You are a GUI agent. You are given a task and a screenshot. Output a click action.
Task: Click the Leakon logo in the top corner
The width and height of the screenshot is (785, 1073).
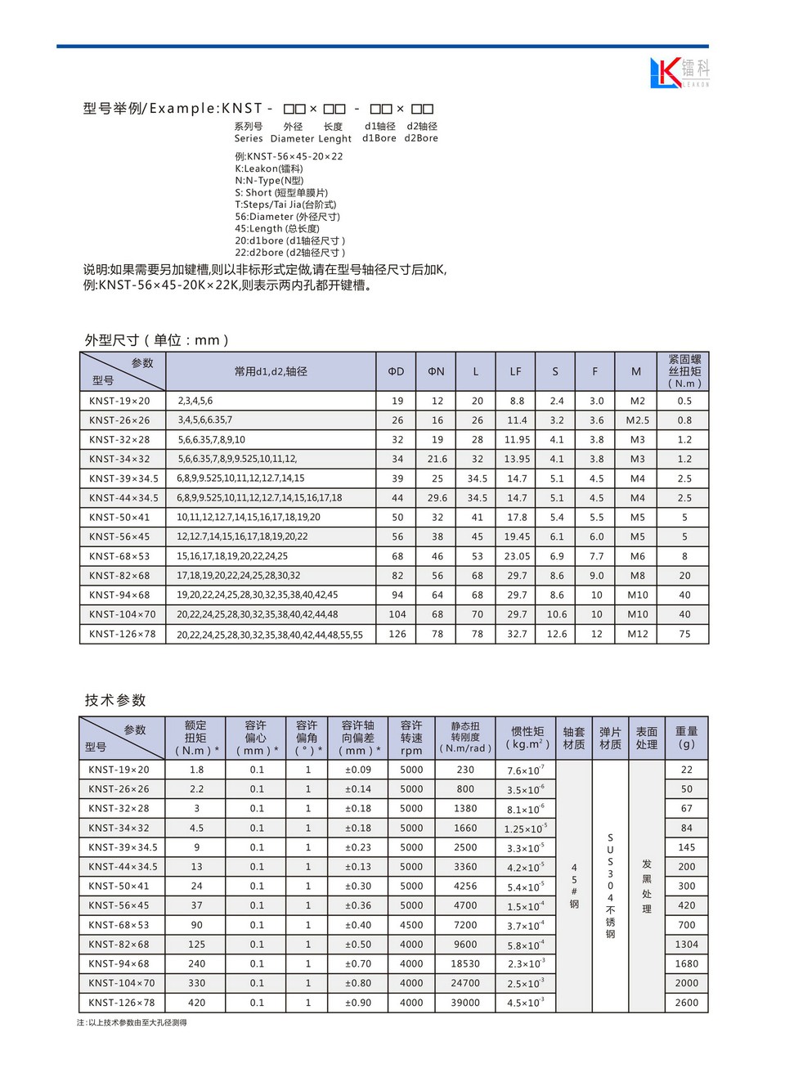pyautogui.click(x=679, y=72)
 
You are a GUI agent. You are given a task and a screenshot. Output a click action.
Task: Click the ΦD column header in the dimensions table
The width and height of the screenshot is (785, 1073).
pyautogui.click(x=397, y=371)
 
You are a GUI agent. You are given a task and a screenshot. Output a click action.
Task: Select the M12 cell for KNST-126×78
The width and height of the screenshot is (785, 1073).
pyautogui.click(x=637, y=634)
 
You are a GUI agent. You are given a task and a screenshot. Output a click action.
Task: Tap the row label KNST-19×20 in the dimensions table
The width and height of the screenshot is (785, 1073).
pyautogui.click(x=119, y=401)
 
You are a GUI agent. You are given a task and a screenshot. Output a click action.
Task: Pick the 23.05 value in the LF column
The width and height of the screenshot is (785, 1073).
pyautogui.click(x=517, y=556)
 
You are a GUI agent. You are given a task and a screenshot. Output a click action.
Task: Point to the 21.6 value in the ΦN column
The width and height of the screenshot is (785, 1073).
pyautogui.click(x=437, y=459)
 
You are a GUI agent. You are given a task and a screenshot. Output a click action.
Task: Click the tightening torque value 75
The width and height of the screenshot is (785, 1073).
pyautogui.click(x=684, y=634)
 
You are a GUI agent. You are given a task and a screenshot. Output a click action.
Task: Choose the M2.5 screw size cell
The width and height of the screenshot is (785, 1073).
pyautogui.click(x=637, y=420)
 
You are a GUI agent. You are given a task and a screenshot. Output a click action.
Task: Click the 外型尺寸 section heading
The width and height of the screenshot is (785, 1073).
pyautogui.click(x=156, y=340)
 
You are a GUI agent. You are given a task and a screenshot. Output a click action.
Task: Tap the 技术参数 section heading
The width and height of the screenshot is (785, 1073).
pyautogui.click(x=115, y=700)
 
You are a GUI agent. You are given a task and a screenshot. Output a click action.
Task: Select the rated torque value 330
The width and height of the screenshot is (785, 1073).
pyautogui.click(x=196, y=983)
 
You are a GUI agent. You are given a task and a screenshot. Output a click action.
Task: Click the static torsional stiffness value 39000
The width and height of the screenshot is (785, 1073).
pyautogui.click(x=465, y=1003)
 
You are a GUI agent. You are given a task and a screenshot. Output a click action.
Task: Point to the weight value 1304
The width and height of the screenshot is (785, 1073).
pyautogui.click(x=686, y=945)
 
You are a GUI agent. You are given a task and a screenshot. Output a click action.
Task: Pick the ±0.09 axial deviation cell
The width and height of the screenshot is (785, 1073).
pyautogui.click(x=358, y=770)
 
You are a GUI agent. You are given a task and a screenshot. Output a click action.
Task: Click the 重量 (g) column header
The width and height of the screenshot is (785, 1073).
pyautogui.click(x=686, y=737)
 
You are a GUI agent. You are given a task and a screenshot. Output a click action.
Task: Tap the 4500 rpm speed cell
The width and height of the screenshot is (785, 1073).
pyautogui.click(x=411, y=925)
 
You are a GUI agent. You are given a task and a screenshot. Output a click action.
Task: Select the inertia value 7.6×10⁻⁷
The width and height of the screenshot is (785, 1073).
pyautogui.click(x=525, y=770)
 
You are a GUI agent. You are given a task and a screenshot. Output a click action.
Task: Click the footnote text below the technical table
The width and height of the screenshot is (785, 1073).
pyautogui.click(x=132, y=1022)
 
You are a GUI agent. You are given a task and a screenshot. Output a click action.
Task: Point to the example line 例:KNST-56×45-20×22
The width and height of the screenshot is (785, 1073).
pyautogui.click(x=289, y=156)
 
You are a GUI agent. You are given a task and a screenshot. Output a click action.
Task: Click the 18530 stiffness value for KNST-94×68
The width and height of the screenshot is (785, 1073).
pyautogui.click(x=465, y=964)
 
